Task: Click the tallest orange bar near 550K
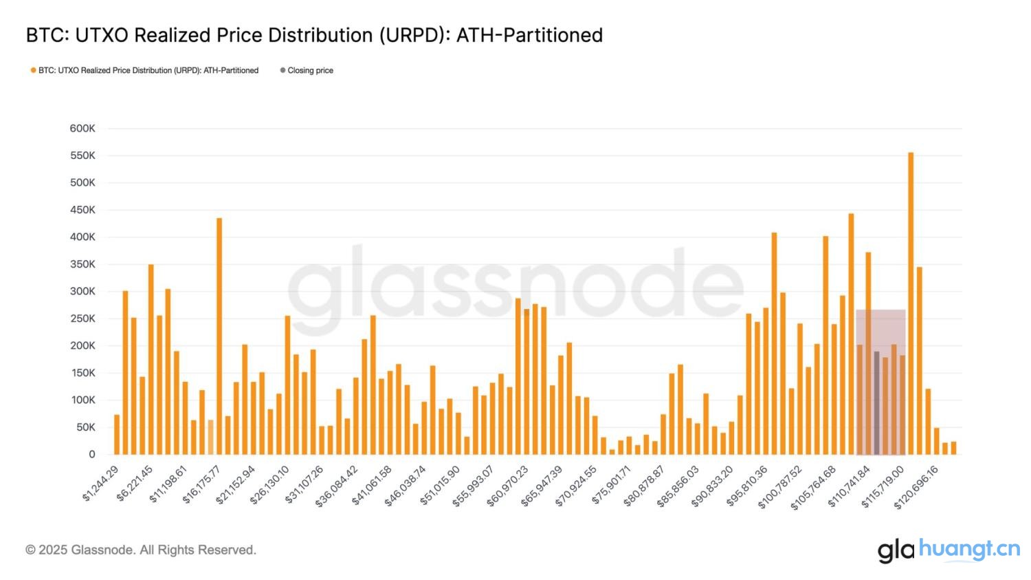pos(911,303)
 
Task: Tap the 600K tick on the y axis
pos(82,129)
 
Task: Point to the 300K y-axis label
pos(82,292)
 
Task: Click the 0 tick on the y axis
pos(91,455)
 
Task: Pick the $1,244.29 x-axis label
pos(101,483)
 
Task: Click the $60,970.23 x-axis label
pos(509,486)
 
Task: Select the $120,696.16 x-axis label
pos(917,486)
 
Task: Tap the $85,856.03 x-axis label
pos(678,486)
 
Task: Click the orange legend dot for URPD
pos(33,70)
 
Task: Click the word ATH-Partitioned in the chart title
pos(529,35)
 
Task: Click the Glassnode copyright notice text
pos(141,550)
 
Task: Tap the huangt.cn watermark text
pos(969,548)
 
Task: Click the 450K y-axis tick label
pos(82,210)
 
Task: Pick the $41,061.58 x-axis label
pos(373,486)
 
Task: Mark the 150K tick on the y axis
pos(82,373)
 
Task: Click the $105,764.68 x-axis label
pos(814,486)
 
